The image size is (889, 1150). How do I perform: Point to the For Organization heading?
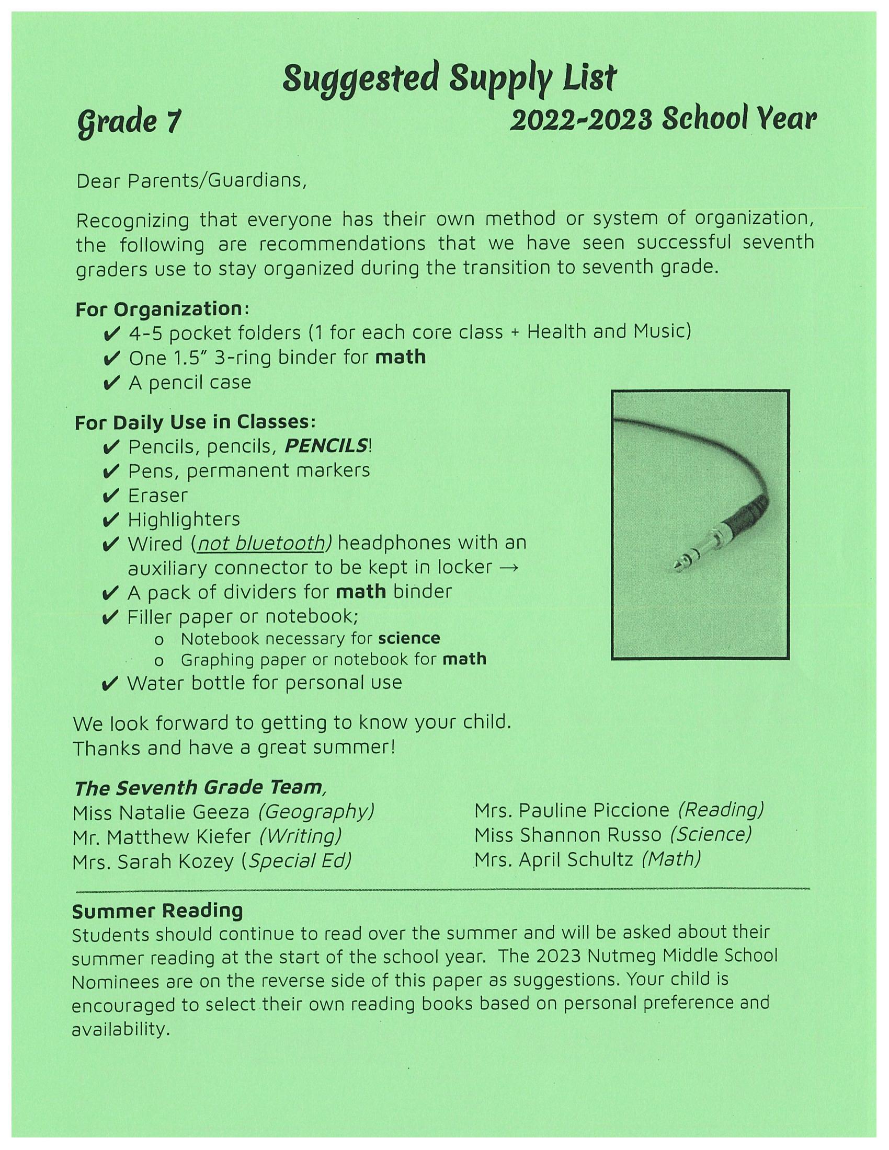click(162, 309)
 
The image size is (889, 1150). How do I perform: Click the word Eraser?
click(157, 496)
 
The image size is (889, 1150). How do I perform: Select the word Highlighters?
click(184, 520)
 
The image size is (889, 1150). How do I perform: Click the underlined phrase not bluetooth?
click(261, 544)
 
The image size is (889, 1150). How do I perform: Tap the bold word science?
click(409, 639)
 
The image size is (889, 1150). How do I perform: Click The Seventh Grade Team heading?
click(198, 788)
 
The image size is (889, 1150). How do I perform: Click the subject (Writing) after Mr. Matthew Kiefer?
click(300, 836)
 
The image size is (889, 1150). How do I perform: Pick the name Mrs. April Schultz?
click(553, 860)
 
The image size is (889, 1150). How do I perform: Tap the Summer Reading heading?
click(157, 911)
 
